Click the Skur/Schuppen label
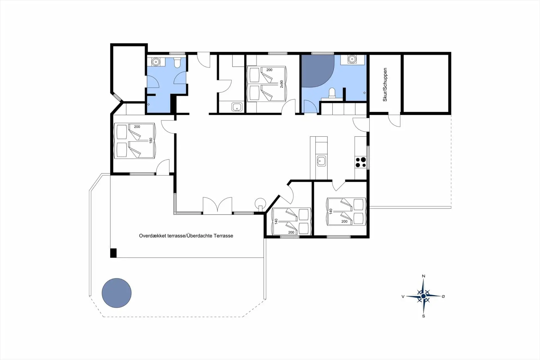pyautogui.click(x=385, y=84)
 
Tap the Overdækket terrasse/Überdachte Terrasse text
pyautogui.click(x=186, y=236)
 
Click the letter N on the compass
pyautogui.click(x=424, y=276)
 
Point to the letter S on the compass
pyautogui.click(x=424, y=316)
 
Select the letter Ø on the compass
pyautogui.click(x=443, y=296)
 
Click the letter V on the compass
pyautogui.click(x=403, y=296)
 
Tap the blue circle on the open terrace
pyautogui.click(x=116, y=293)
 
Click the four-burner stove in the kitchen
pyautogui.click(x=361, y=162)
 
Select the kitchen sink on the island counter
pyautogui.click(x=321, y=161)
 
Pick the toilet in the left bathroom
pyautogui.click(x=177, y=63)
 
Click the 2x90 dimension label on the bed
pyautogui.click(x=282, y=84)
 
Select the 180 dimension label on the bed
pyautogui.click(x=151, y=140)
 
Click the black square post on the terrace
pyautogui.click(x=113, y=253)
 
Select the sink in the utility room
pyautogui.click(x=237, y=107)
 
